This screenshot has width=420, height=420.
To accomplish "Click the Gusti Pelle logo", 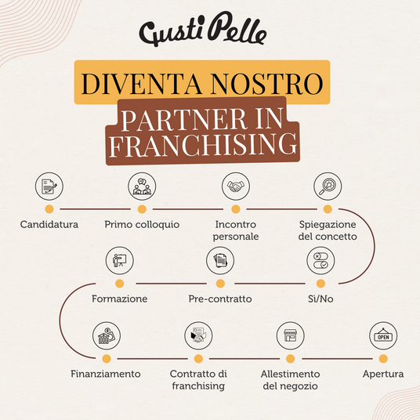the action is (x=203, y=29).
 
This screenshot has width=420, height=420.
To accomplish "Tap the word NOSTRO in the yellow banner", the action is (x=266, y=84).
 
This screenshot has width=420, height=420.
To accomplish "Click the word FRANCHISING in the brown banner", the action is (x=203, y=144).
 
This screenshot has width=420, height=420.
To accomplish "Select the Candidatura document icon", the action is (x=49, y=186).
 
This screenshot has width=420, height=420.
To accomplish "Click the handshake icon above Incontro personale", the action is (x=236, y=186).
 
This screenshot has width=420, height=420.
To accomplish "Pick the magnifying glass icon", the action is (x=328, y=186).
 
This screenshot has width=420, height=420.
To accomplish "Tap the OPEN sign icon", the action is (x=383, y=335).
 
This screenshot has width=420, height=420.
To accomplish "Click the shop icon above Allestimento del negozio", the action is (x=291, y=335).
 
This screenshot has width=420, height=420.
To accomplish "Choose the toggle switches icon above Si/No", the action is (x=320, y=261).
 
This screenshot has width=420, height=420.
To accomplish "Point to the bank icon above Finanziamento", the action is (x=107, y=335).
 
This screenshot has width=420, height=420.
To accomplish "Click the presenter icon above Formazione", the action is (x=119, y=261).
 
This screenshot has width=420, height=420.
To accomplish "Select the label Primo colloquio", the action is (x=142, y=225).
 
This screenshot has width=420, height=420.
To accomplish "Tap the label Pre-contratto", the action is (x=220, y=299).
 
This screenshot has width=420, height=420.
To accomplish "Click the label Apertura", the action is (x=383, y=375).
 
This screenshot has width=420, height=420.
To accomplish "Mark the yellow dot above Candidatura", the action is (x=49, y=209).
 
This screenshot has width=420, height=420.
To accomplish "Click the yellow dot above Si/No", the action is (x=320, y=284).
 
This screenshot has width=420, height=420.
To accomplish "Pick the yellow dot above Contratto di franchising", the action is (x=198, y=359).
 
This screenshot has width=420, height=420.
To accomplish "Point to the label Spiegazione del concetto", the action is (x=328, y=230).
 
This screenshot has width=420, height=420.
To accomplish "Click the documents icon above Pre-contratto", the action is (x=220, y=261).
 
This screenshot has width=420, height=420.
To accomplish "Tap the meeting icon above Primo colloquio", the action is (x=142, y=186).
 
